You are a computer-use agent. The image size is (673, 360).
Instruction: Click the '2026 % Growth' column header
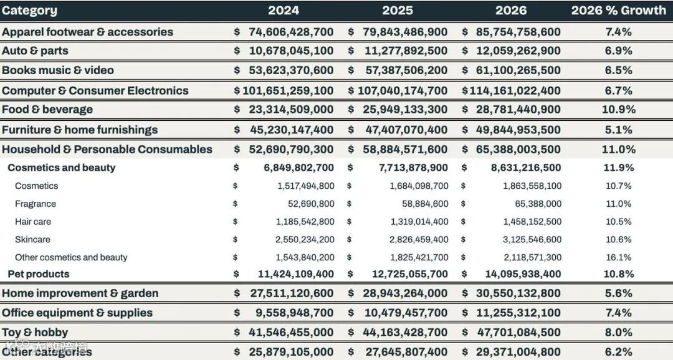[618, 11]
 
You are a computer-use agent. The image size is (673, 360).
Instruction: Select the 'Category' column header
[29, 11]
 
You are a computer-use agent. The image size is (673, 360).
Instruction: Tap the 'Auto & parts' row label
[35, 50]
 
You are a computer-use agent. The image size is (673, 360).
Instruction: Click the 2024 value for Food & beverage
[291, 110]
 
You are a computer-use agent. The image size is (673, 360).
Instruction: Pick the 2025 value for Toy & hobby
[405, 333]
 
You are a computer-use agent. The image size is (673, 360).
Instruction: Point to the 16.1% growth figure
[618, 257]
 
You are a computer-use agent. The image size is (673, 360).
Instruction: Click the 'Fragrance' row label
[36, 204]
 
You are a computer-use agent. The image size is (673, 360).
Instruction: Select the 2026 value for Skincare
[532, 240]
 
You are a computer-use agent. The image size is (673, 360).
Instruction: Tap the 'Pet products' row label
[39, 274]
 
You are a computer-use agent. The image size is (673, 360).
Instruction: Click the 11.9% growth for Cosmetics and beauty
[619, 168]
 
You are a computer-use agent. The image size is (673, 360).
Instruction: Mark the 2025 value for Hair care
[419, 222]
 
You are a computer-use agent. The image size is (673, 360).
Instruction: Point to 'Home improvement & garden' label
[80, 293]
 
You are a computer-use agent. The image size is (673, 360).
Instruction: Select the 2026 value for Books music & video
[518, 70]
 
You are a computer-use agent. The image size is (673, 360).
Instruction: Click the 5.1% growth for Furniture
[618, 130]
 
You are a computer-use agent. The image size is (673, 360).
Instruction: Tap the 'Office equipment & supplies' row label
[77, 313]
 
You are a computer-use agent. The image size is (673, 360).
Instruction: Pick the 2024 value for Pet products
[295, 274]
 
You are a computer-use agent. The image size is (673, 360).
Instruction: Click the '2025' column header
[398, 11]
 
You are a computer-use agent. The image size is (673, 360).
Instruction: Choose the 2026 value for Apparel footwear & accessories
[518, 32]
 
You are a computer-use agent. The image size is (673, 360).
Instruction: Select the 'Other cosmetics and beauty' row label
[71, 257]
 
